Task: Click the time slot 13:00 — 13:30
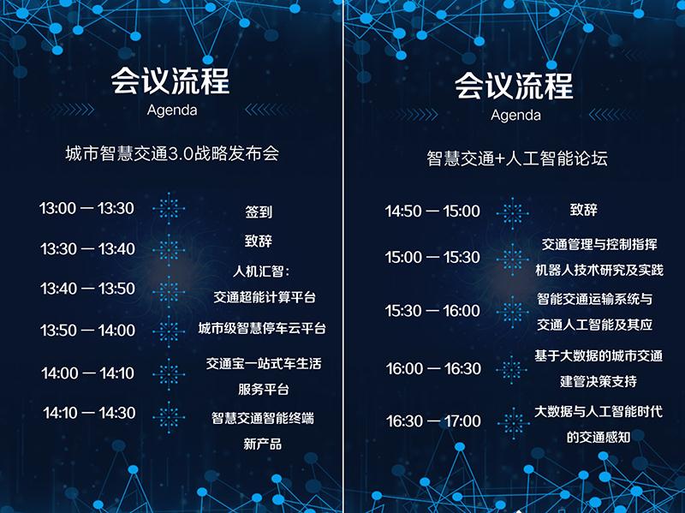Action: [x=86, y=208]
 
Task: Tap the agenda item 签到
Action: [x=259, y=212]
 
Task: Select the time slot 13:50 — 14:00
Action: [x=88, y=330]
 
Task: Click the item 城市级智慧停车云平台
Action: [x=262, y=328]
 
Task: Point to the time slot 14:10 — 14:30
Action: [x=89, y=413]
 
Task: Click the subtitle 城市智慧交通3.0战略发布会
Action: [x=172, y=154]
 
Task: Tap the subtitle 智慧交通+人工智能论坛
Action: [x=517, y=158]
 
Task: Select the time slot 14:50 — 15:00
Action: [x=432, y=212]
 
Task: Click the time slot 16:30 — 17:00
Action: [x=433, y=421]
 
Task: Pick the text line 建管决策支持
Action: [x=598, y=381]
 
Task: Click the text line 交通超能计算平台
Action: [x=265, y=297]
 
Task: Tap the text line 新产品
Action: [x=263, y=444]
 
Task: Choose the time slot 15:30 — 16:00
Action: [x=432, y=311]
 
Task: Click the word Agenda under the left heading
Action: [x=172, y=110]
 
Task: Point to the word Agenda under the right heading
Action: [x=516, y=116]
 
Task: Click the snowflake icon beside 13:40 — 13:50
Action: [x=169, y=291]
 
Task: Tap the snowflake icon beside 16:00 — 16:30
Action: [x=512, y=370]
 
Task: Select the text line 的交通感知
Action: [x=599, y=437]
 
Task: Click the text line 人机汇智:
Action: [x=261, y=271]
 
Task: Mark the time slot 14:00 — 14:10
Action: [x=88, y=373]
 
